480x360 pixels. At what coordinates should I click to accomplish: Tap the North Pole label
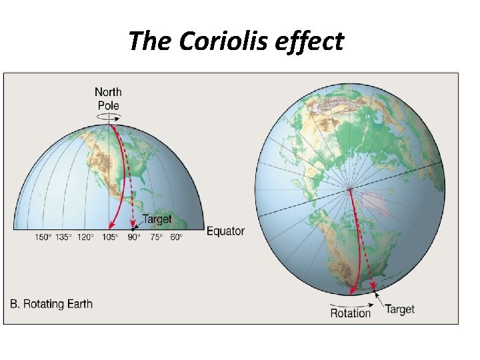pos(108,99)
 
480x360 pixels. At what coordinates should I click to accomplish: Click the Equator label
pos(225,231)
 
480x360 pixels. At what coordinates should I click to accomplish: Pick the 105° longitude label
pos(109,237)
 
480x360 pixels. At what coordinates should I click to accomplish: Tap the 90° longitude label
pos(134,237)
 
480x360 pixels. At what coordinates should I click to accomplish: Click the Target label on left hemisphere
pos(157,219)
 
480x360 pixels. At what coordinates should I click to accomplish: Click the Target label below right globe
pos(399,309)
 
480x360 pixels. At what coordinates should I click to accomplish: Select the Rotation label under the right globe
pos(350,313)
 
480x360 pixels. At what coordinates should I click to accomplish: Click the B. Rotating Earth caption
pos(51,304)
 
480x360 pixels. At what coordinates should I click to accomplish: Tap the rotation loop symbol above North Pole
pos(108,117)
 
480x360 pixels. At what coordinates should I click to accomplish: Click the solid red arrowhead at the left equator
pos(111,227)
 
